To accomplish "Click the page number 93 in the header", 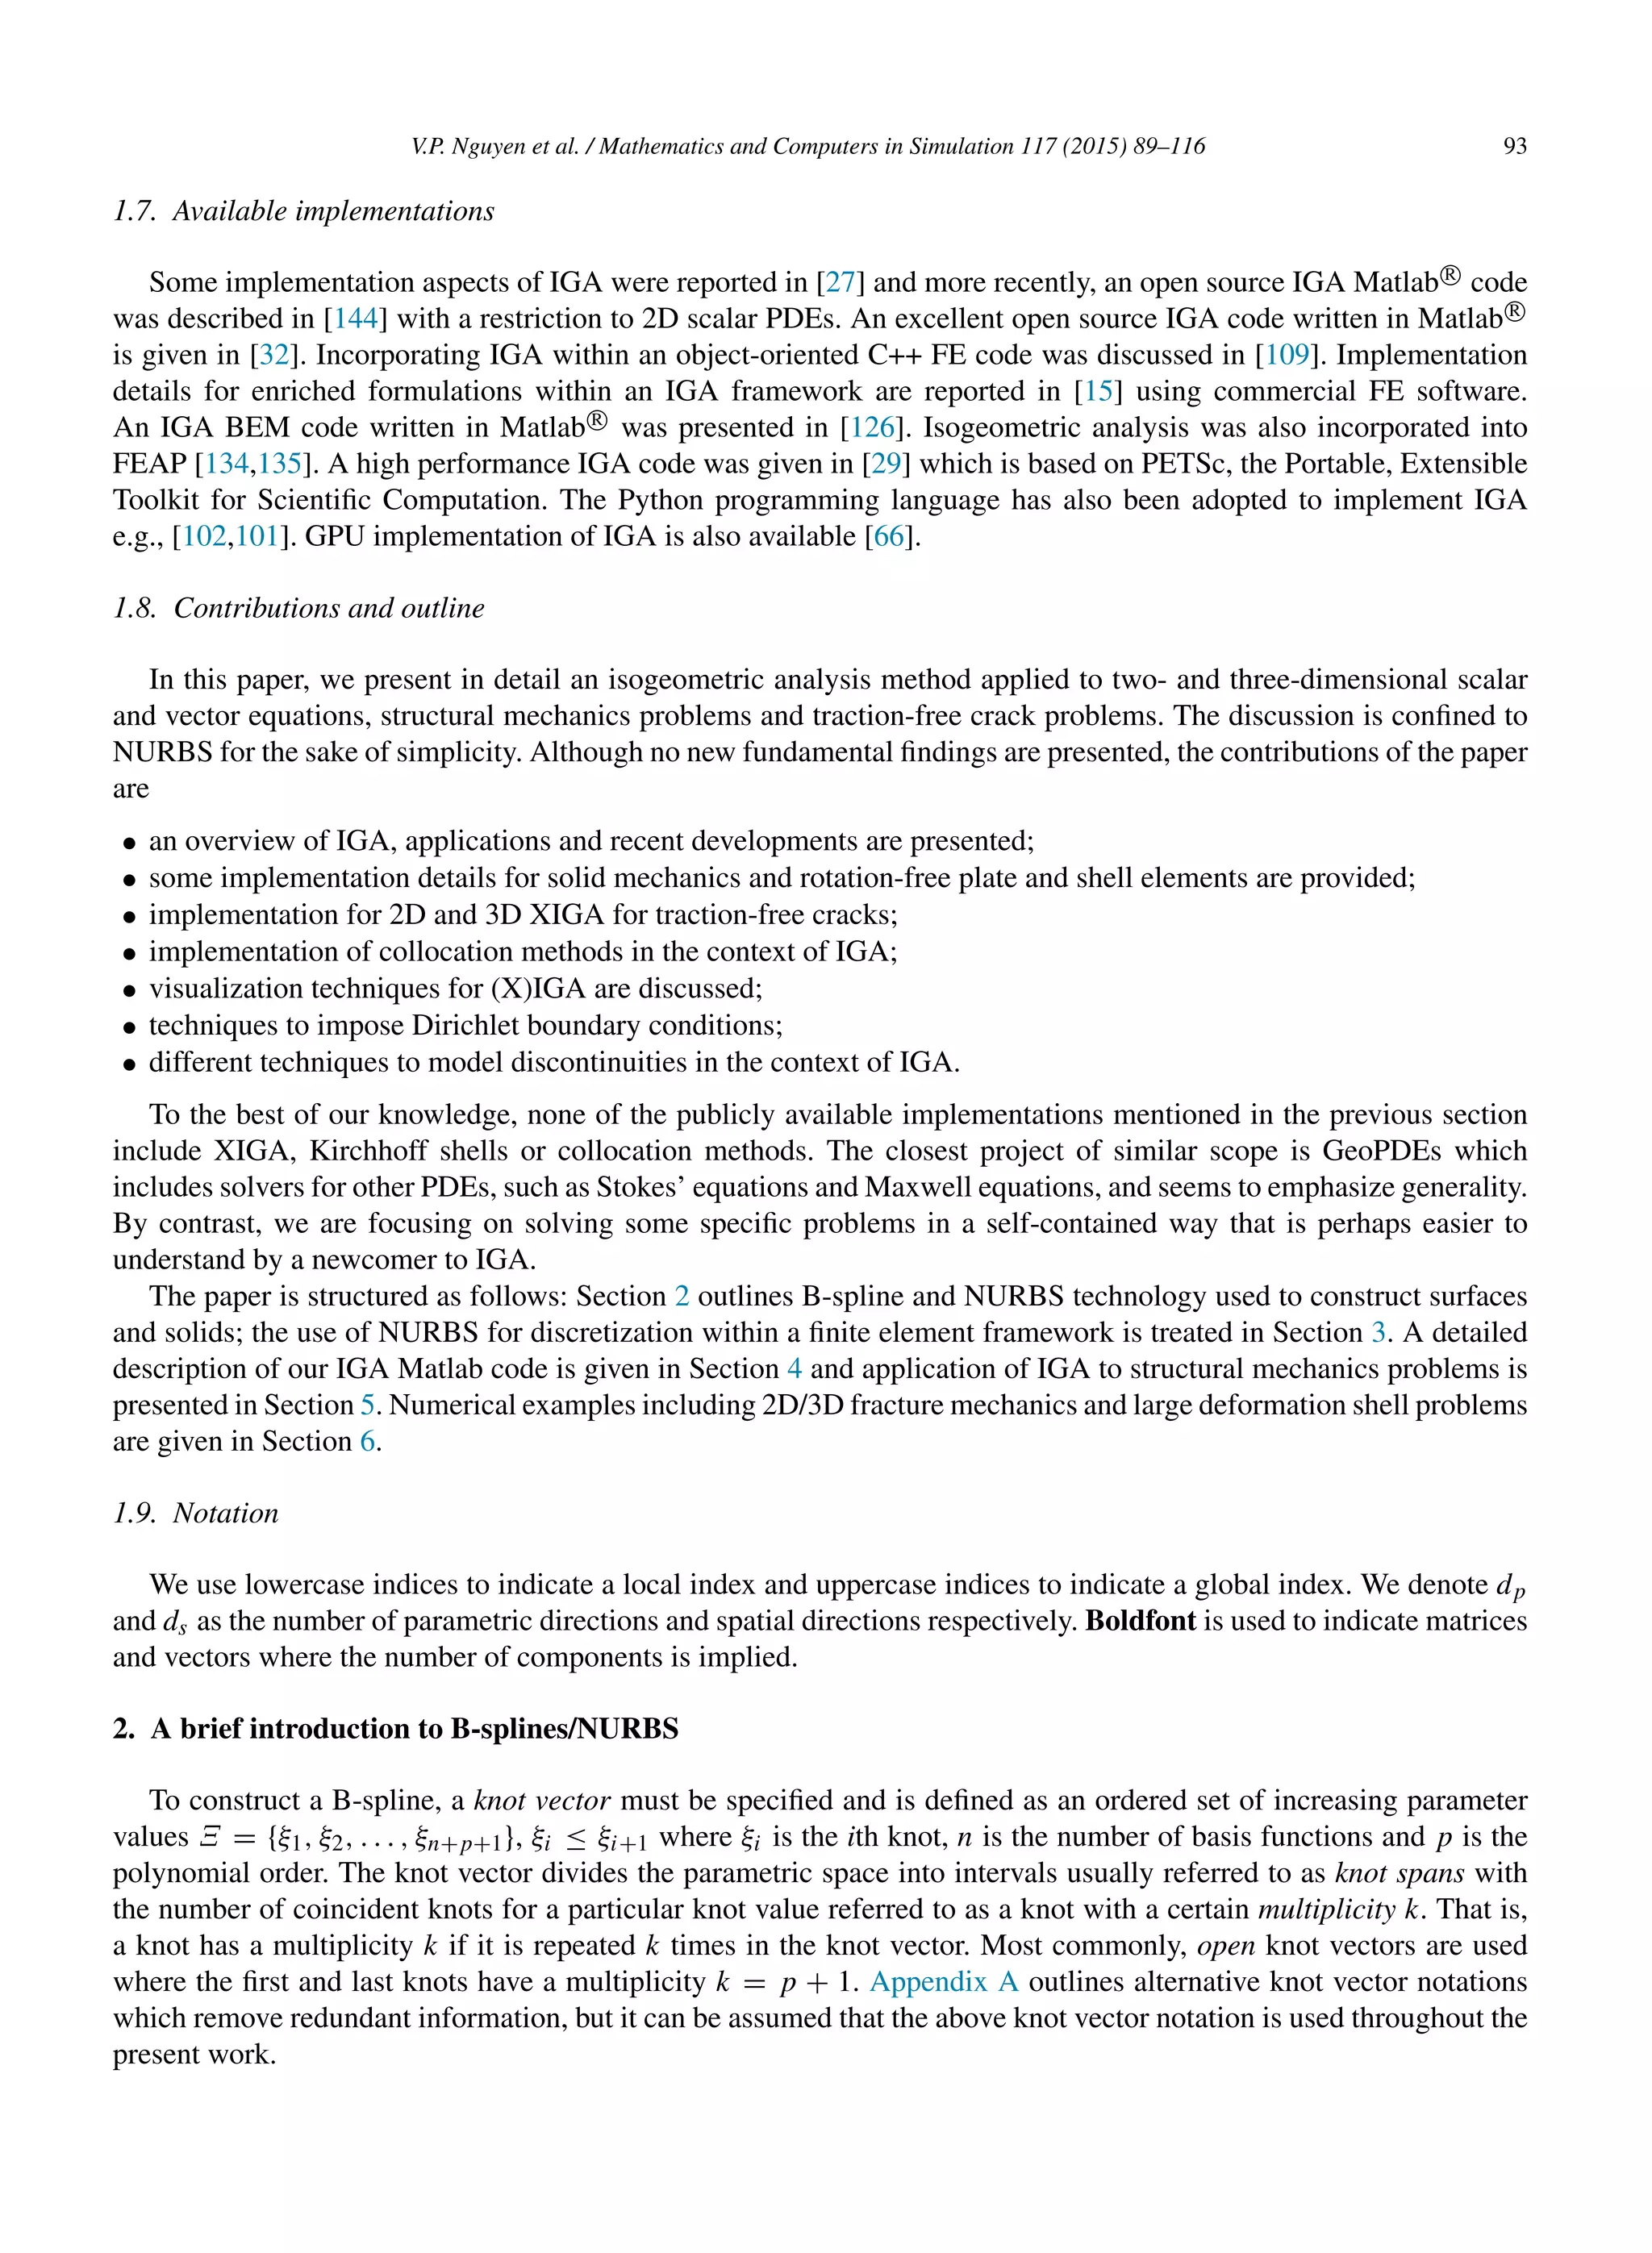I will (1514, 146).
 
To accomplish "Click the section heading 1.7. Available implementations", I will (303, 211).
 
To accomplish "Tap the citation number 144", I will (355, 319).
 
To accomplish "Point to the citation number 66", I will (888, 537).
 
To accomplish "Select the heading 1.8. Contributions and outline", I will (298, 608).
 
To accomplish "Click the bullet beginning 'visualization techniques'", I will (455, 989).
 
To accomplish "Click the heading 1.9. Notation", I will (195, 1514).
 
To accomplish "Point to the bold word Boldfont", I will (1140, 1620).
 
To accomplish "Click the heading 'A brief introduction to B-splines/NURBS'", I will (414, 1729).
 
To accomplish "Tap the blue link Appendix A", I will (943, 1982).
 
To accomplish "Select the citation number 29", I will (886, 464).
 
